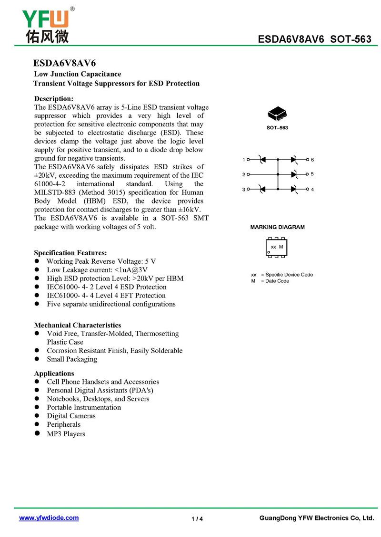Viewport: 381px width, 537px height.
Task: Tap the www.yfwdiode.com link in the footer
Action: (49, 518)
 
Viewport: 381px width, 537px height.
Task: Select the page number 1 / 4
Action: (197, 518)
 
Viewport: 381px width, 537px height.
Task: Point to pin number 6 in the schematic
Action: (312, 160)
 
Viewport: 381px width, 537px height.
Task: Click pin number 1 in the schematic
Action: (243, 160)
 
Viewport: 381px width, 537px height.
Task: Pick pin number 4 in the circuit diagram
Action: (312, 190)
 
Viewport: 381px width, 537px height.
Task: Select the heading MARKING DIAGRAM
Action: (277, 227)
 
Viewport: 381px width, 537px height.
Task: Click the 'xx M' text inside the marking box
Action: (277, 247)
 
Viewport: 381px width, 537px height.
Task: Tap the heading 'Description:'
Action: (54, 98)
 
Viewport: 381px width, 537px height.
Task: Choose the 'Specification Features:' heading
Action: (70, 253)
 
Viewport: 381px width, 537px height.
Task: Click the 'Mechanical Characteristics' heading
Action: (78, 326)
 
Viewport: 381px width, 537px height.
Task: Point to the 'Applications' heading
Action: (54, 374)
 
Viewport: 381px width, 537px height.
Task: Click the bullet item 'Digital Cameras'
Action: (71, 416)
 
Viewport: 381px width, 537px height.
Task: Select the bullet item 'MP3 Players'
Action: (66, 433)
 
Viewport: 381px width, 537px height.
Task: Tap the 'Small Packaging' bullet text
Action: (72, 359)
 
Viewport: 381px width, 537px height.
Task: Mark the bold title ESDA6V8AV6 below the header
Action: (65, 64)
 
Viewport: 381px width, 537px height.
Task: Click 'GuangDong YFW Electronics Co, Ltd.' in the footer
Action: (317, 518)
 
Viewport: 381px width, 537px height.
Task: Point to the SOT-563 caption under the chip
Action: (277, 128)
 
